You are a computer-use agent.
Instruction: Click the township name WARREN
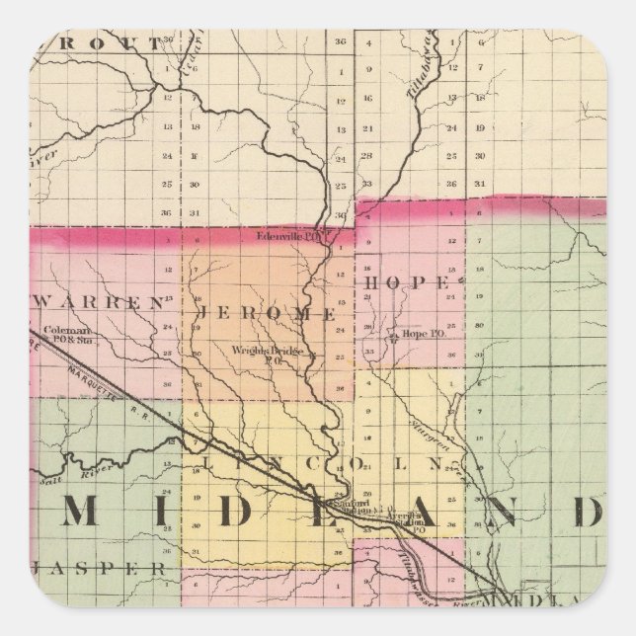[x=102, y=304]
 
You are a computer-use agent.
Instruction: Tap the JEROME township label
[x=267, y=313]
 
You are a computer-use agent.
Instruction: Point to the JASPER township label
[x=99, y=569]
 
